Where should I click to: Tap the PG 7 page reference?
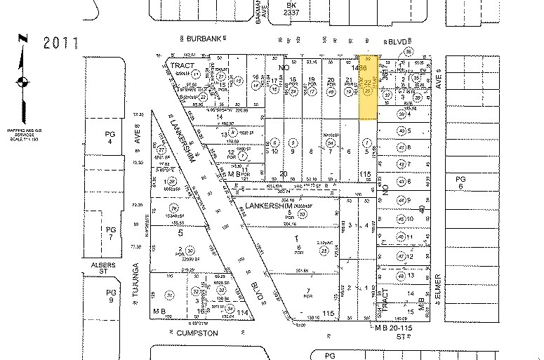click(110, 233)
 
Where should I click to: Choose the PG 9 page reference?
click(110, 295)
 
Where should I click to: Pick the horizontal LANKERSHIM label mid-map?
click(271, 206)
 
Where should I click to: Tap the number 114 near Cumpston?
click(244, 312)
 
